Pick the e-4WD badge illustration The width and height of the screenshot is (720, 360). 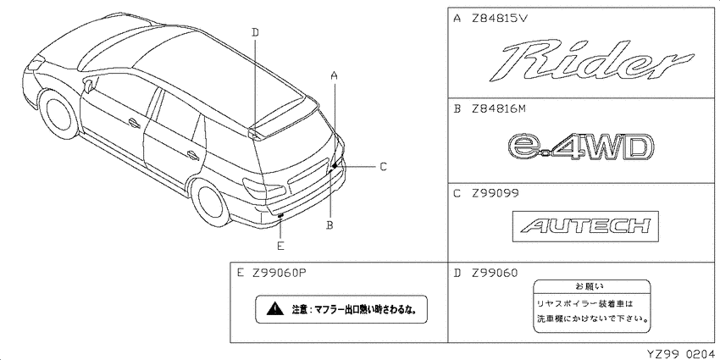[x=579, y=148]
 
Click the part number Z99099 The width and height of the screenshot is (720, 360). [x=495, y=193]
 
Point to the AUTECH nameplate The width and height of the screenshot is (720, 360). [x=585, y=226]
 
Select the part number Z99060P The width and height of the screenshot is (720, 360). [x=279, y=273]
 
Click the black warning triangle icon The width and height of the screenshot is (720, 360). [x=274, y=308]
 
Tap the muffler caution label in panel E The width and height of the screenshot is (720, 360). [x=341, y=309]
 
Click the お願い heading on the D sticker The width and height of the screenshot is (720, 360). [x=592, y=286]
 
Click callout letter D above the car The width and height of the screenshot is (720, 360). [x=255, y=31]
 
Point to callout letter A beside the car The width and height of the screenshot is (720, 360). [x=335, y=75]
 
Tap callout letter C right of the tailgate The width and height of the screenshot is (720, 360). [x=383, y=166]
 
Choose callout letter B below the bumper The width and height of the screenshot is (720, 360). [x=330, y=225]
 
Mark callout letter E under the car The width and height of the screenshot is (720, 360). [x=280, y=246]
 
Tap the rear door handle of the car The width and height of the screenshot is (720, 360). [x=193, y=155]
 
